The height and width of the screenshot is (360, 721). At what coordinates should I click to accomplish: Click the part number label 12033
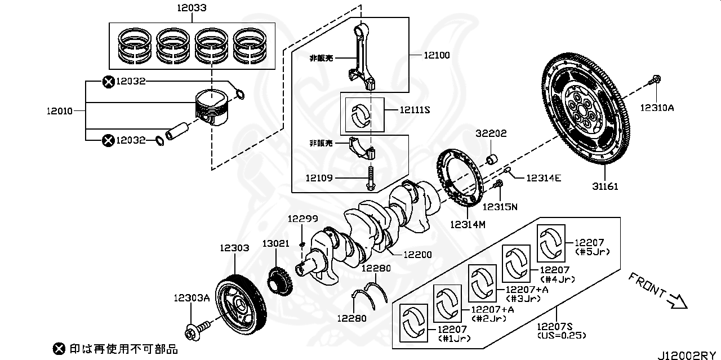pyautogui.click(x=190, y=8)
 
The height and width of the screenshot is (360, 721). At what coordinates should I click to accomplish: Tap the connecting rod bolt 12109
pyautogui.click(x=371, y=179)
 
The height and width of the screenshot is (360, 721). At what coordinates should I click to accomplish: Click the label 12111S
pyautogui.click(x=415, y=110)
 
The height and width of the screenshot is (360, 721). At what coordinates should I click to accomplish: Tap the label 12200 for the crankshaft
pyautogui.click(x=418, y=255)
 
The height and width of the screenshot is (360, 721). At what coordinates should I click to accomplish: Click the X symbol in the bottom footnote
pyautogui.click(x=58, y=349)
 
